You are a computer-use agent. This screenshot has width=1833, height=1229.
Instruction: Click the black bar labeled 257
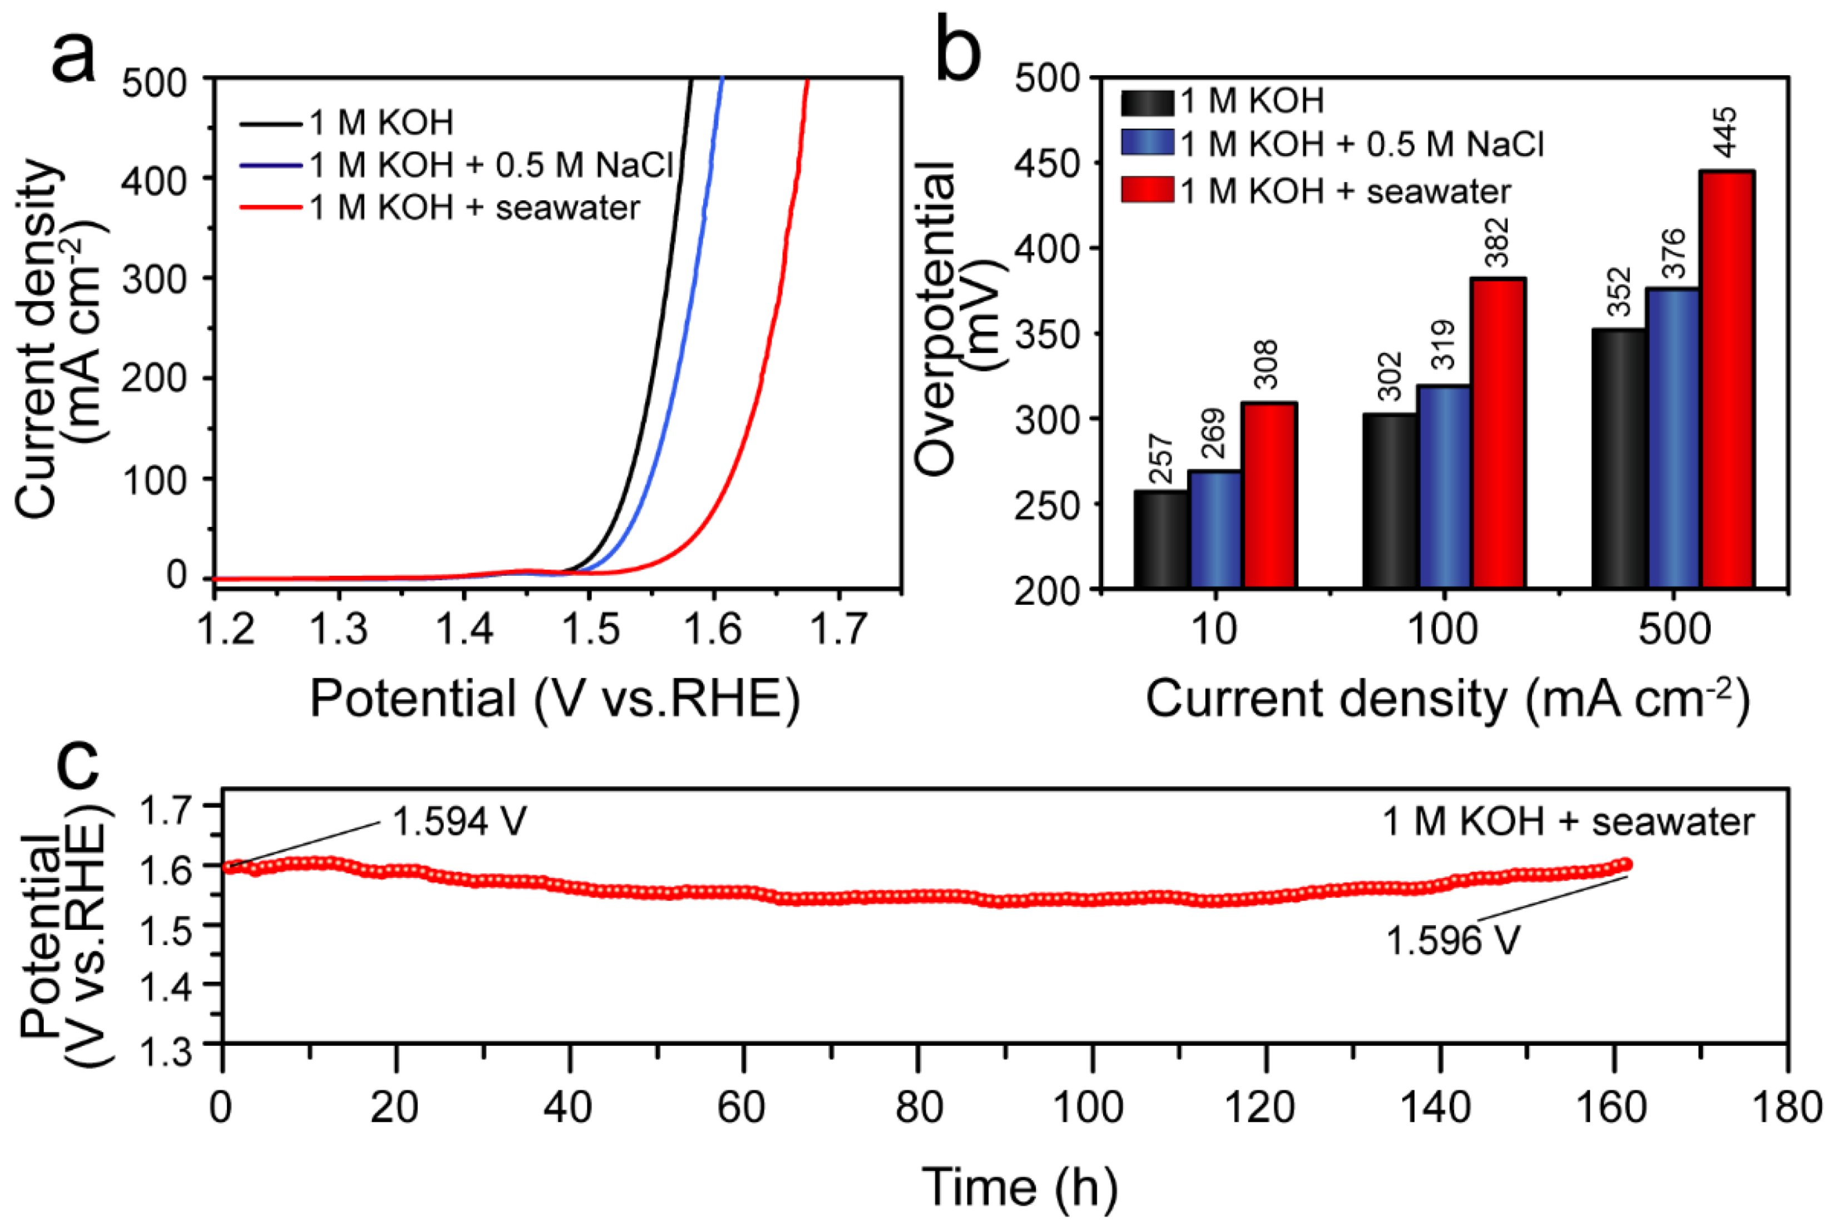(1160, 539)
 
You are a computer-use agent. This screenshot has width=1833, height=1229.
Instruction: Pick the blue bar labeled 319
(1444, 486)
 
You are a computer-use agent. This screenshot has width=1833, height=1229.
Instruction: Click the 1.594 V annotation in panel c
(458, 822)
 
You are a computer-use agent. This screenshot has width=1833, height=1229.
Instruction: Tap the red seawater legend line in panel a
(270, 208)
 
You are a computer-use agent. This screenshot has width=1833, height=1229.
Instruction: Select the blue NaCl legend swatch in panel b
(1147, 144)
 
